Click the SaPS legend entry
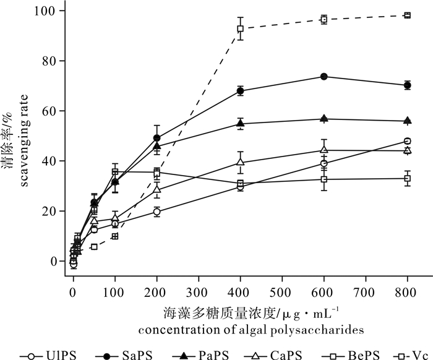[x=121, y=355]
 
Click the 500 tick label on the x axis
[x=281, y=289]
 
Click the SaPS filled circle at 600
[x=324, y=77]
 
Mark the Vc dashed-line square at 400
[x=240, y=28]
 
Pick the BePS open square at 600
[x=324, y=179]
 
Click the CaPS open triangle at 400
[x=240, y=163]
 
